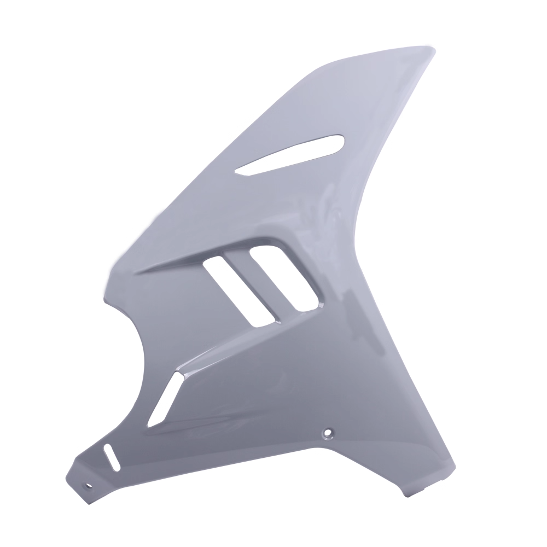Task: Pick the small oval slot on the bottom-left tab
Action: (112, 457)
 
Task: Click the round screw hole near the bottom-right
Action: (328, 432)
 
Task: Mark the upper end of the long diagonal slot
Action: (179, 375)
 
